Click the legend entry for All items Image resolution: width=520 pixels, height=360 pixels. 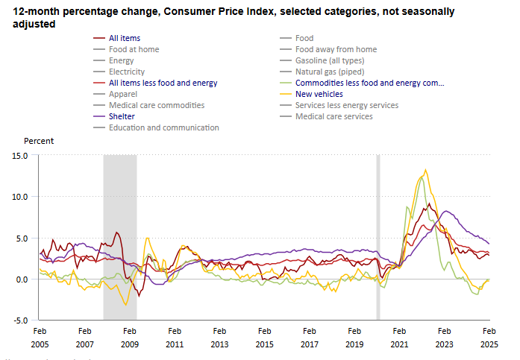pos(124,38)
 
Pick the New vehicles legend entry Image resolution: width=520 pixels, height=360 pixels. pos(319,94)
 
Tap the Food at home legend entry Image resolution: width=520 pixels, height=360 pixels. pos(134,49)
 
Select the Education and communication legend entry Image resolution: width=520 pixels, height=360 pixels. pos(163,127)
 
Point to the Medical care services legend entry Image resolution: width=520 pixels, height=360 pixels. pos(333,116)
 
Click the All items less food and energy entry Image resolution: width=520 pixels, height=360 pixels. pos(163,83)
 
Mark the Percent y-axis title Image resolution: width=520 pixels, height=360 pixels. pos(39,140)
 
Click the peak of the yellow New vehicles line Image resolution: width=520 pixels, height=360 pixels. pos(425,170)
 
